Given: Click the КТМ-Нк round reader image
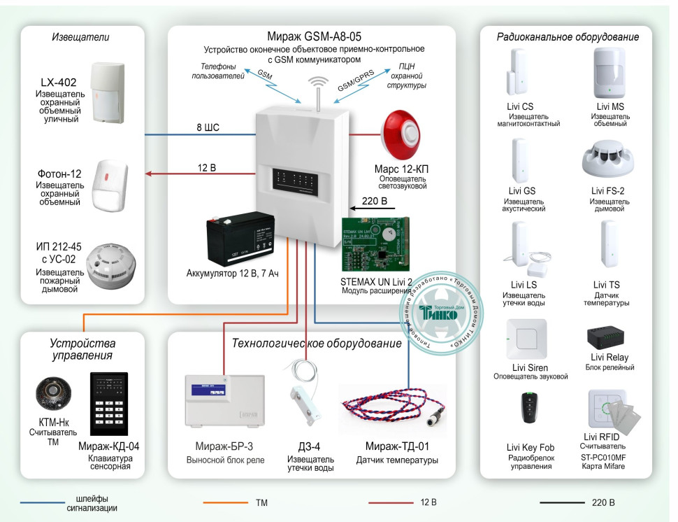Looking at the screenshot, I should [x=53, y=394].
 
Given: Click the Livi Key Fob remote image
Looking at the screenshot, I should [x=530, y=408].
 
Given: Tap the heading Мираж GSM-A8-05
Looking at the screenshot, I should [x=314, y=36].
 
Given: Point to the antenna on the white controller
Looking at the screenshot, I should [x=318, y=91].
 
